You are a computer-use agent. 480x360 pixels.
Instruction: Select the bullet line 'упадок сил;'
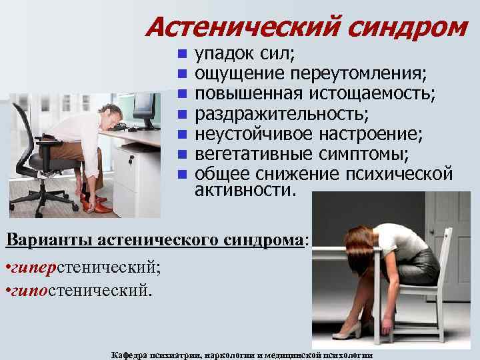[x=246, y=53]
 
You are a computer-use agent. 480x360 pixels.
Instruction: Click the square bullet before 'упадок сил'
[x=183, y=53]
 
